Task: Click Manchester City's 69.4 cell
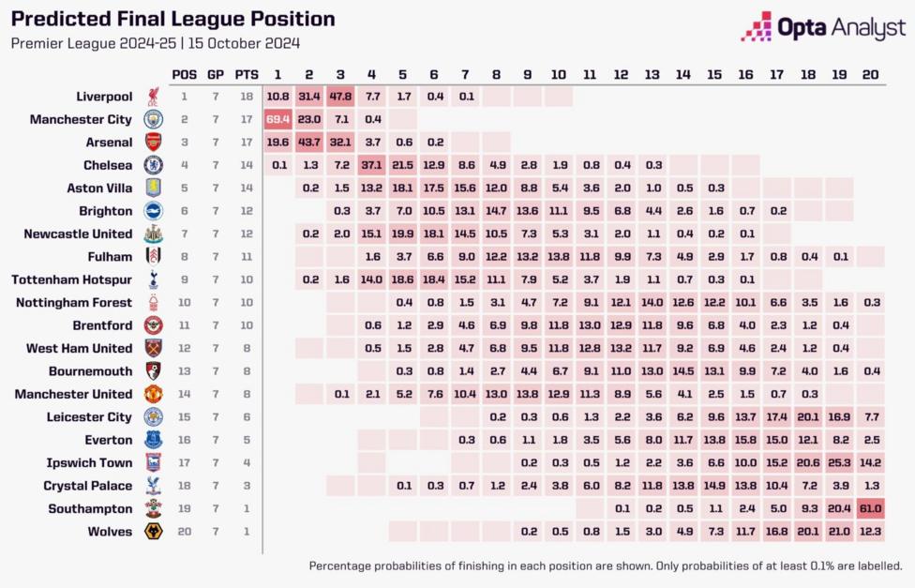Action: [x=277, y=119]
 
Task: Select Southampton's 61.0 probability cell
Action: [x=870, y=508]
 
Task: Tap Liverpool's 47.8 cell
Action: [x=340, y=97]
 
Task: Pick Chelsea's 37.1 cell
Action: [x=371, y=165]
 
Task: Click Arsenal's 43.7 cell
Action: [x=309, y=143]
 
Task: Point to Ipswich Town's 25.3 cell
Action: [x=839, y=462]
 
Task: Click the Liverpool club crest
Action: [x=152, y=97]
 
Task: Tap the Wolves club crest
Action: [x=152, y=532]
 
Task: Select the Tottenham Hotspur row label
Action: [x=71, y=279]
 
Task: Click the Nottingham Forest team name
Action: [x=74, y=302]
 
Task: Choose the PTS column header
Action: [x=246, y=74]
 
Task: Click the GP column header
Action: [x=216, y=74]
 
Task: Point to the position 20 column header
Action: [x=870, y=74]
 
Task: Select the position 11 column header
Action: [x=590, y=74]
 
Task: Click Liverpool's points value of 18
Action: [x=246, y=97]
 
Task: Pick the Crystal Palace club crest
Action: [x=152, y=486]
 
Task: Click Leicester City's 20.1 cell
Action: [x=808, y=417]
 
